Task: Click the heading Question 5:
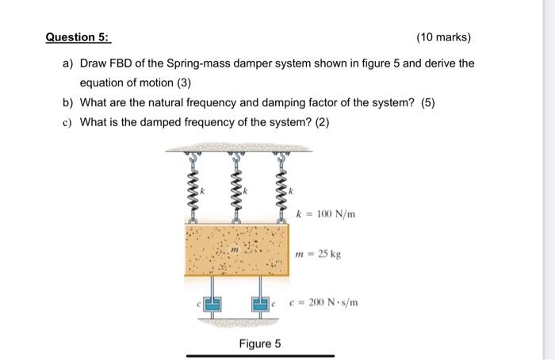pos(78,37)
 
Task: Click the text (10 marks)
pos(442,37)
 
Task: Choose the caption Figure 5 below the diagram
pos(260,344)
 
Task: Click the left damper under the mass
pos(212,302)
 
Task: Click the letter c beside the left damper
pos(198,304)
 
